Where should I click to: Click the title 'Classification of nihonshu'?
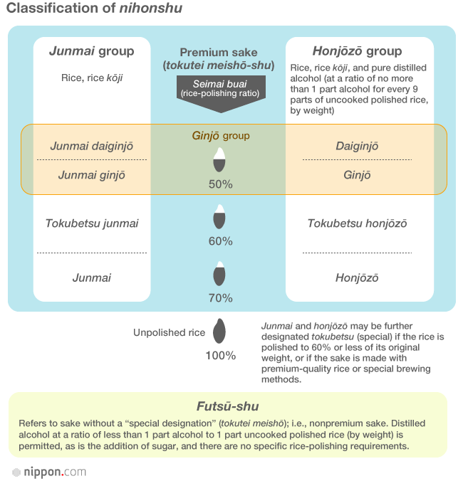(x=94, y=9)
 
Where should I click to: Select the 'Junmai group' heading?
(x=91, y=51)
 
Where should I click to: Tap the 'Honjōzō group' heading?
(x=357, y=51)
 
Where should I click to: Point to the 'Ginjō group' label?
(x=221, y=136)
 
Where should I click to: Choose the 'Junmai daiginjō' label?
(x=91, y=146)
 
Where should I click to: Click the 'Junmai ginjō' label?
(x=91, y=175)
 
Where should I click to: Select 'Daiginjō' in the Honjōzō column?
(x=357, y=146)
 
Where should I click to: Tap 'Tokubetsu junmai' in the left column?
(x=92, y=223)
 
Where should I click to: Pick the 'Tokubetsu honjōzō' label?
(x=357, y=223)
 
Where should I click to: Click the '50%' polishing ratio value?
(x=220, y=184)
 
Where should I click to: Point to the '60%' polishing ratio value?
(x=220, y=241)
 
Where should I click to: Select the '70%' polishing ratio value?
(x=220, y=297)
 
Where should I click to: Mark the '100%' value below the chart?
(x=220, y=355)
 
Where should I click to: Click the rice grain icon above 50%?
(x=221, y=160)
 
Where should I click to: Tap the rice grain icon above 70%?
(x=220, y=275)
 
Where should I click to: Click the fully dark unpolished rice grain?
(x=220, y=331)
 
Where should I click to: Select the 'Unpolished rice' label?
(x=169, y=332)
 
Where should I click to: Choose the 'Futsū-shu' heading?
(x=227, y=407)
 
